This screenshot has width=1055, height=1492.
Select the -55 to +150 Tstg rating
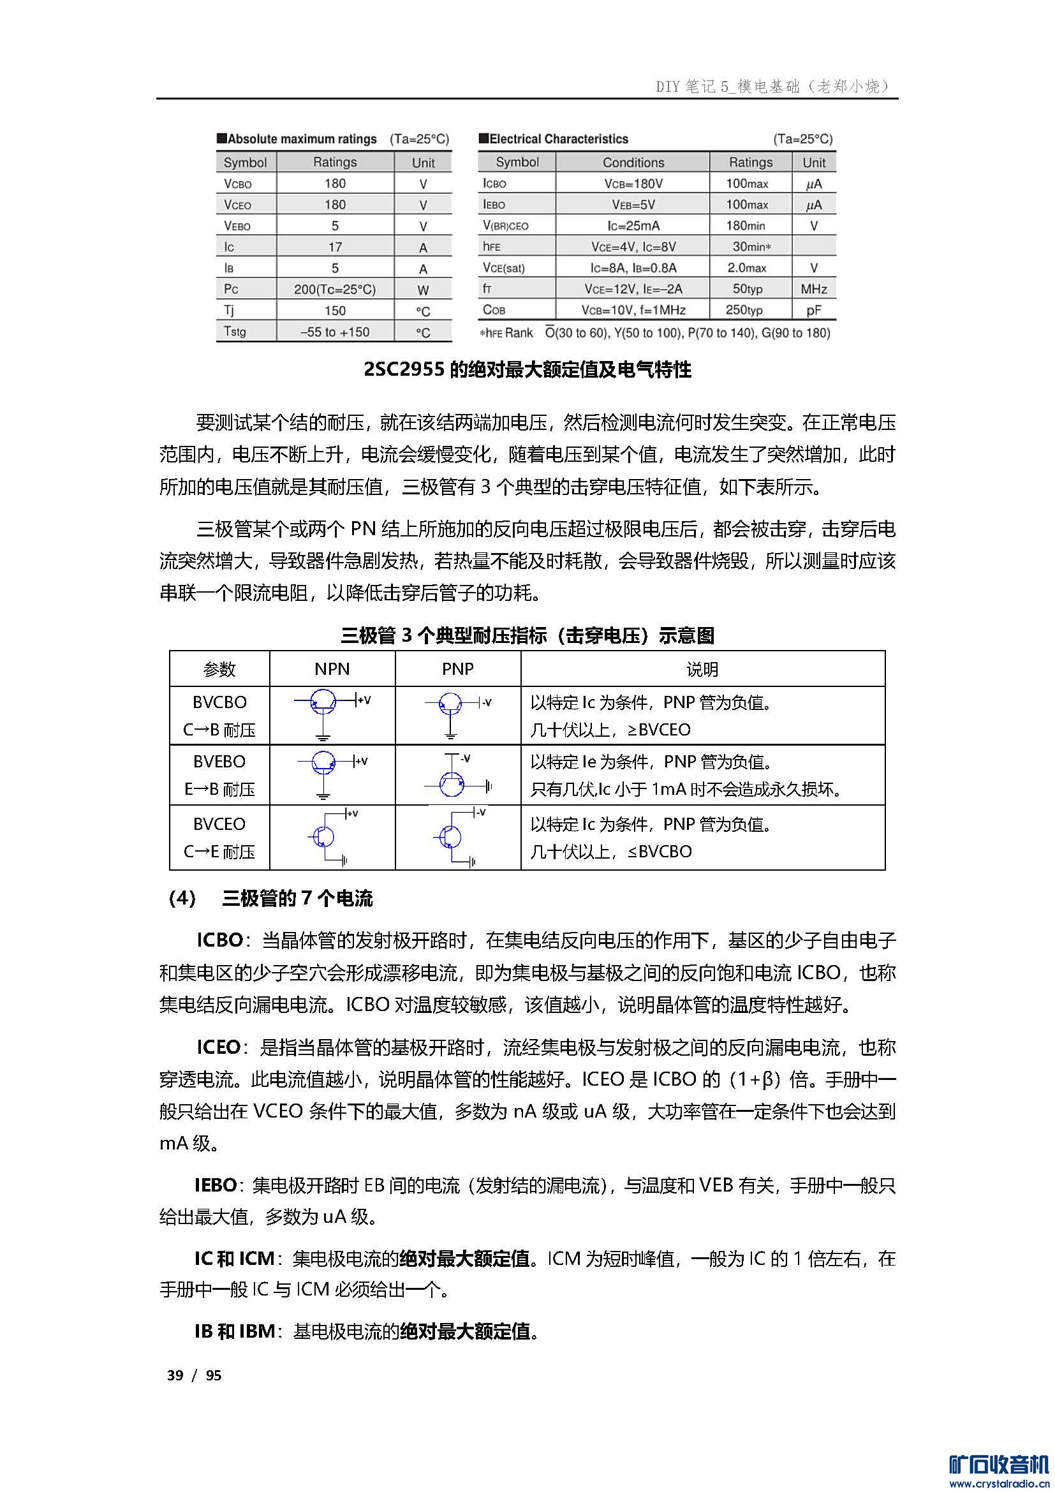click(x=335, y=332)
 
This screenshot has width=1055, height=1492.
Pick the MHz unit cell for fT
click(x=813, y=288)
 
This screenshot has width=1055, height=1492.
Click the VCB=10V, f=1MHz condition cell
click(x=633, y=310)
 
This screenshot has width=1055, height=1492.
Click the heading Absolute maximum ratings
click(x=302, y=139)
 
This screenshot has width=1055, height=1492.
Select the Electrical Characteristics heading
click(x=559, y=139)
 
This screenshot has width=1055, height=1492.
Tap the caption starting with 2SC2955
click(x=527, y=370)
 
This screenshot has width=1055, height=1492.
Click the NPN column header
click(x=332, y=668)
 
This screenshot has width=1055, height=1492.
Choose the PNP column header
click(x=457, y=668)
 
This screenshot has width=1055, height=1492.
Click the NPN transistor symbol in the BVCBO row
click(x=323, y=702)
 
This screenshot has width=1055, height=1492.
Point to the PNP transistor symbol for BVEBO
click(x=452, y=785)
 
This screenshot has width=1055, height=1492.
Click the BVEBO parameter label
click(x=219, y=761)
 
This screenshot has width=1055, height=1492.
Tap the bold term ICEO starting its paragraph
click(x=218, y=1047)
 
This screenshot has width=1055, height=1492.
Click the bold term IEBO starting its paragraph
click(x=215, y=1185)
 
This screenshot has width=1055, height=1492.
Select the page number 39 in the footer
click(x=175, y=1375)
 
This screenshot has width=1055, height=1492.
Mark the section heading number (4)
click(x=182, y=899)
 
